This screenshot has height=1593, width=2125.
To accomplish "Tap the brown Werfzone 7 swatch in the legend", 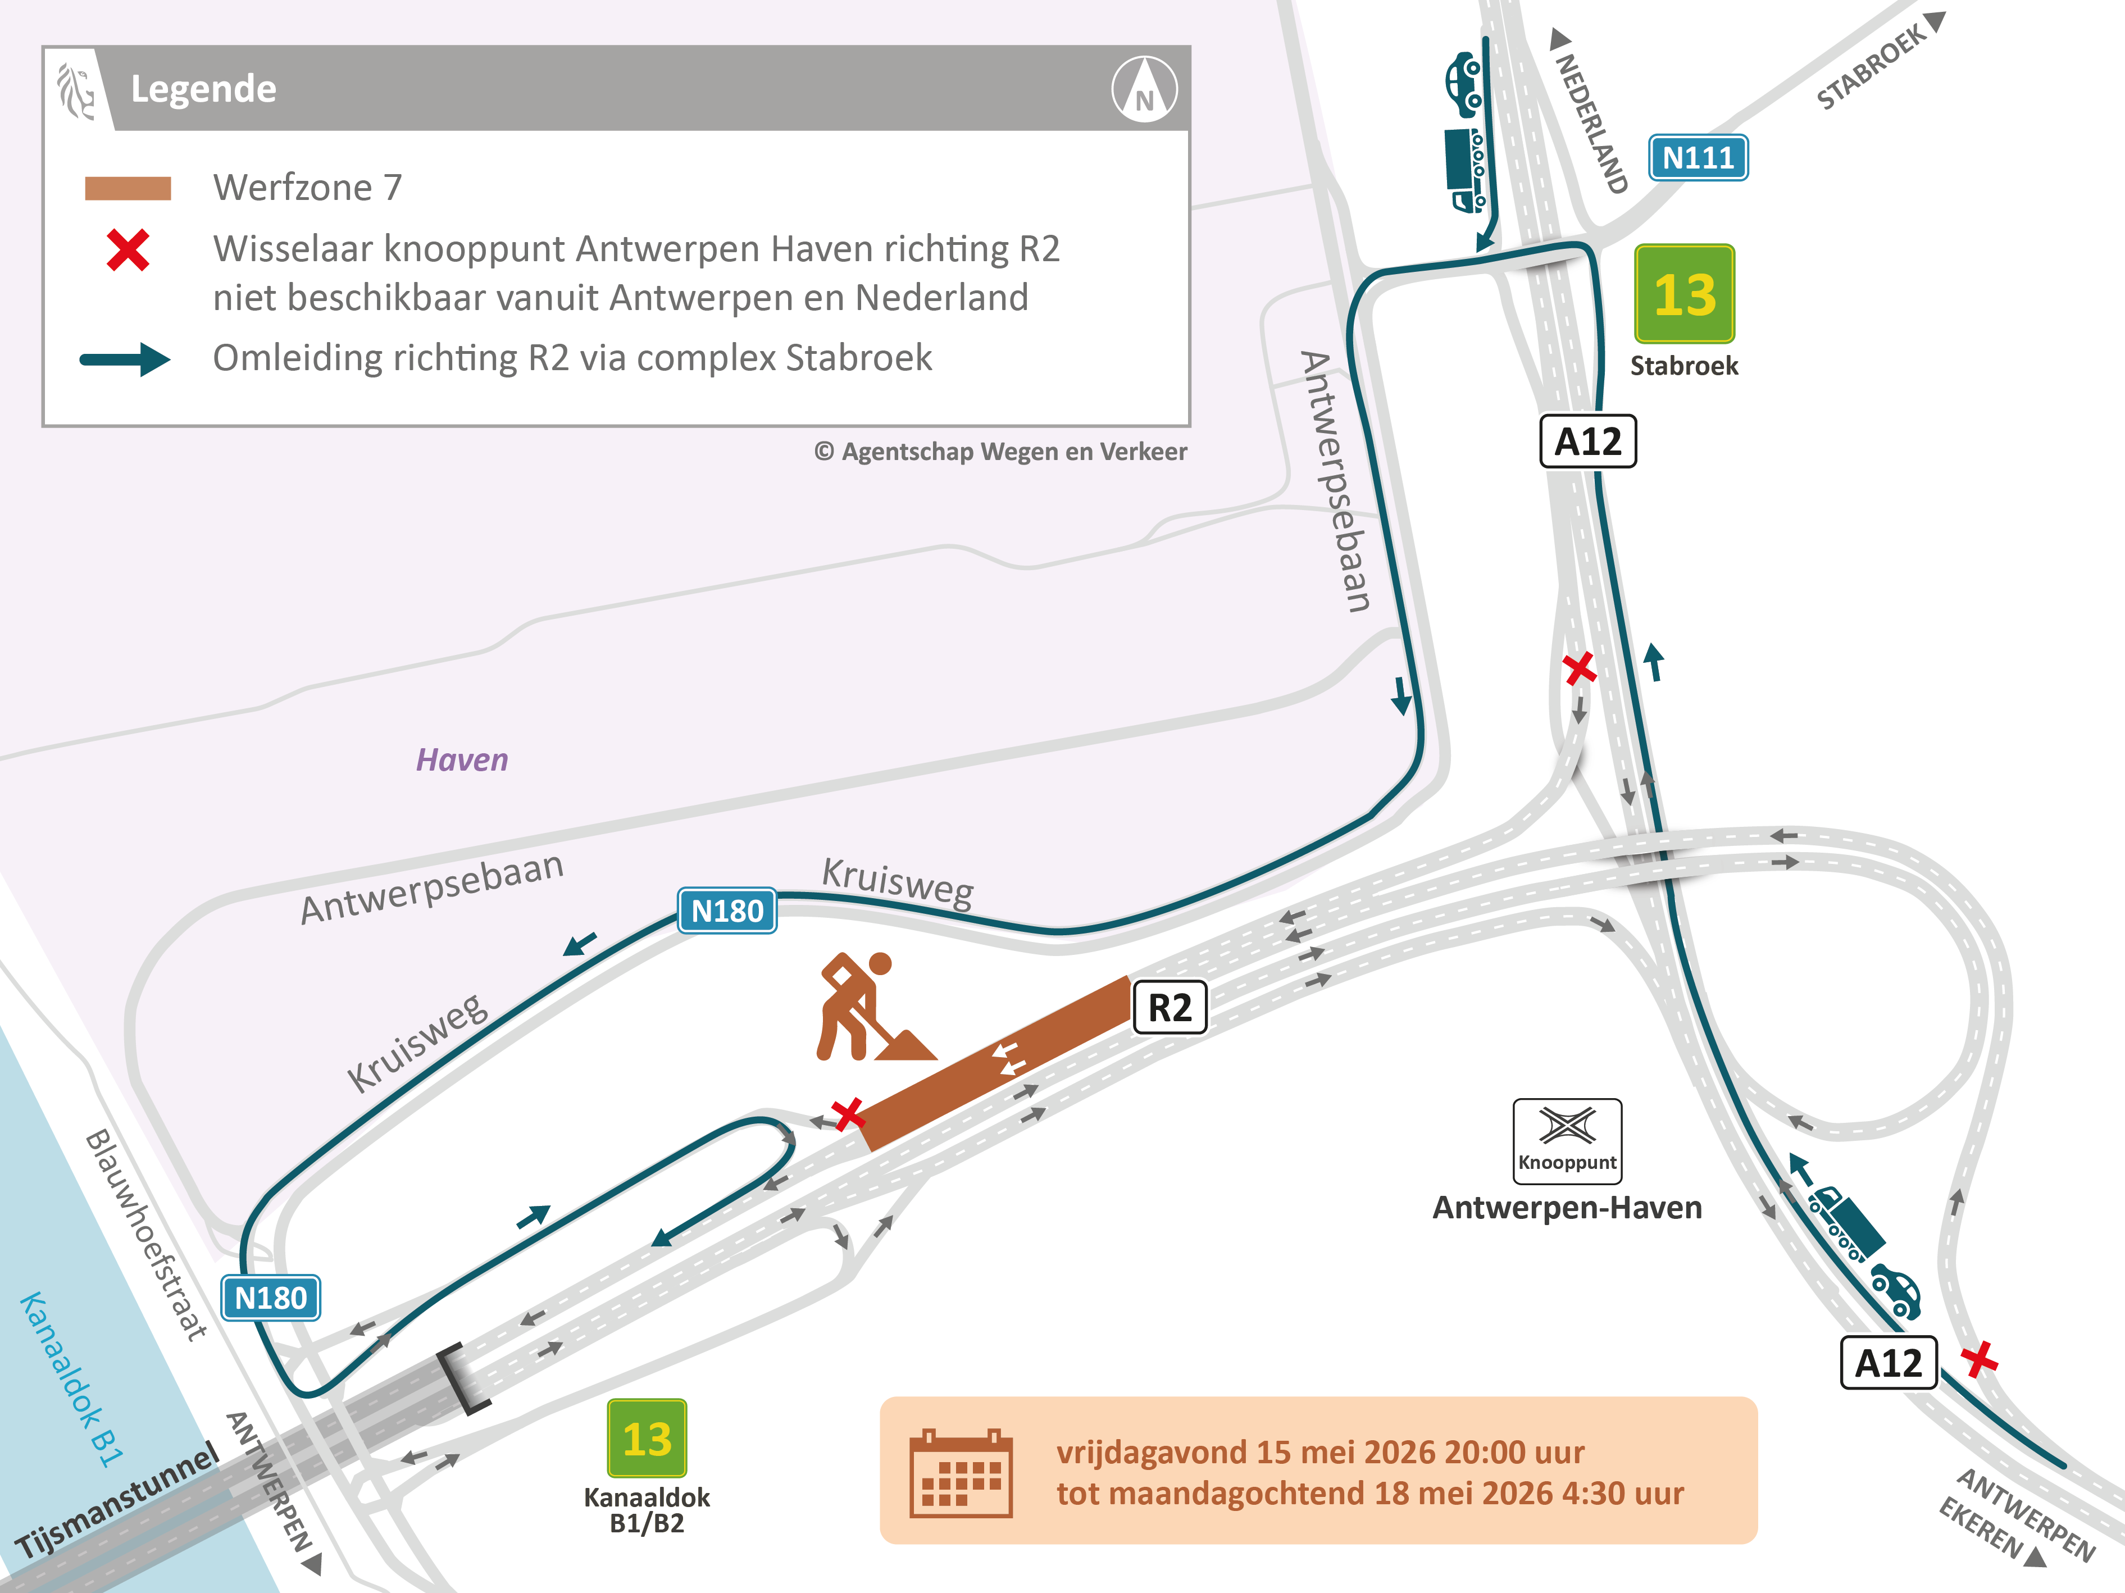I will point(128,188).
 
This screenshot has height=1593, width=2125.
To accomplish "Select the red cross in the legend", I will point(128,251).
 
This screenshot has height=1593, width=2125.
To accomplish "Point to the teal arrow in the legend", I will point(125,359).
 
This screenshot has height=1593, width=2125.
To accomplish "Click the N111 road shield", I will point(1698,158).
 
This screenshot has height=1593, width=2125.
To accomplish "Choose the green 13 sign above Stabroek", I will point(1684,294).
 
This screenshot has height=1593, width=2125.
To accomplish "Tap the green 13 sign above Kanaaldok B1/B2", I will point(647,1439).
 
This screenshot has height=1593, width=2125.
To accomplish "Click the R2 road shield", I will point(1169,1008).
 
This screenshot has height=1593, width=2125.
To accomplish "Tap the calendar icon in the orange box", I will point(961,1473).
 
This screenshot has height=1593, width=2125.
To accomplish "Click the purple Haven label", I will point(461,760).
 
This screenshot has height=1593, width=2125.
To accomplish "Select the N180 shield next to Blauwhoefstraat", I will point(270,1298).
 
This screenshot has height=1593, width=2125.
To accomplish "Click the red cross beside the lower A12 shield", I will point(1979,1359).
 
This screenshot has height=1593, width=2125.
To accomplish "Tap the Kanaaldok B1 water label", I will point(72,1379).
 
